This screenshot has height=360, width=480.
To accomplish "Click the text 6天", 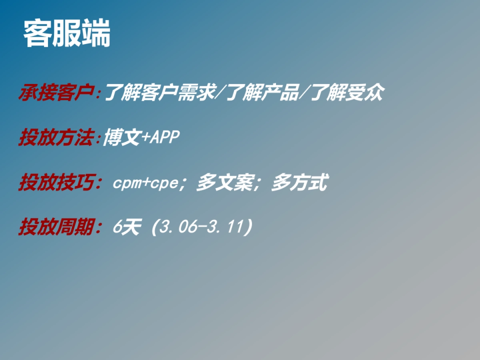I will (127, 228).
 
